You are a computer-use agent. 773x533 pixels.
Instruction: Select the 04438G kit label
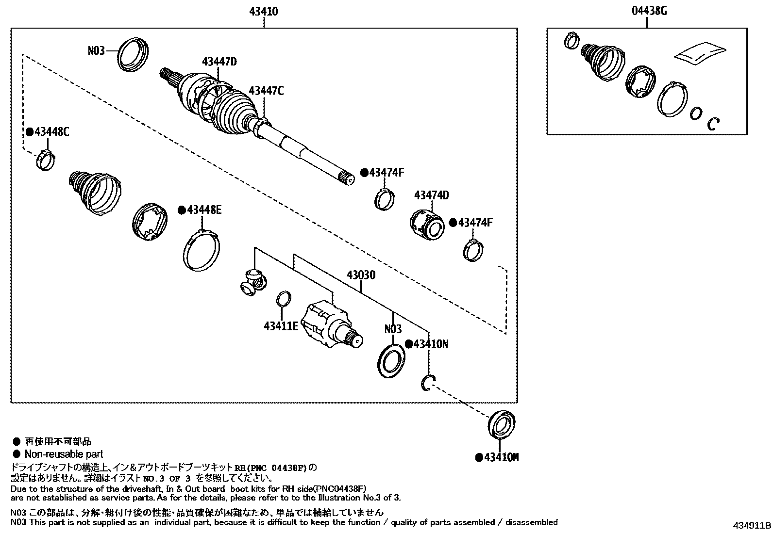point(649,11)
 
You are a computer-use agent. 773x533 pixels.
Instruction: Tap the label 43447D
point(219,62)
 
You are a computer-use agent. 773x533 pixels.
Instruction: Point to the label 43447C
point(266,91)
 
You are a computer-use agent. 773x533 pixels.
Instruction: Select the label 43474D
point(431,195)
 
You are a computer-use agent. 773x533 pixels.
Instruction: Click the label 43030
point(361,275)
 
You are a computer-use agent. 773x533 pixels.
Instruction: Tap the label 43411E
point(281,326)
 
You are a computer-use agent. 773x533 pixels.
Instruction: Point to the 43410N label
point(430,344)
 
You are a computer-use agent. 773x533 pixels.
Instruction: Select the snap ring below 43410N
point(428,383)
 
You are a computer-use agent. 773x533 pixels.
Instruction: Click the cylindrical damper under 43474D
point(426,225)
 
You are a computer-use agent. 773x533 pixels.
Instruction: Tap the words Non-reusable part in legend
point(64,454)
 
